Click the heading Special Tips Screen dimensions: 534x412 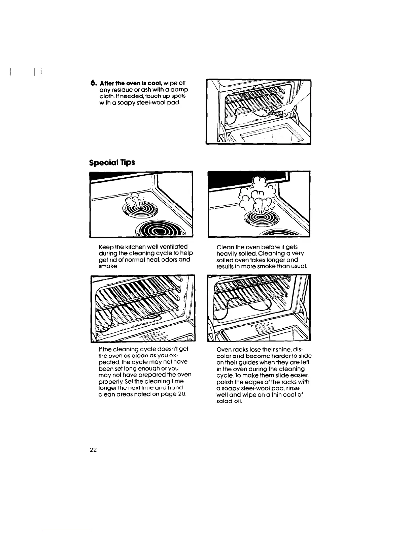tap(112, 162)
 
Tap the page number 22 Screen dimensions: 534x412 tap(93, 450)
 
